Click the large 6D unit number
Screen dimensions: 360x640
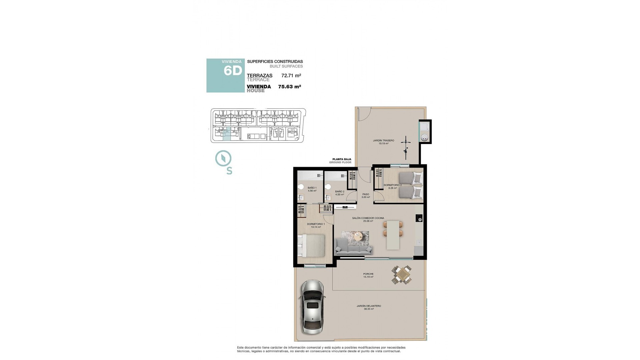[x=232, y=71]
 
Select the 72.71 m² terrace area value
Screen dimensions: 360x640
[x=291, y=76]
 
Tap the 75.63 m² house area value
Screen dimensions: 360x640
[x=289, y=87]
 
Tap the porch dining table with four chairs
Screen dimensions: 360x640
[x=402, y=275]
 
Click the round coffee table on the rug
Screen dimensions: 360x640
[x=359, y=236]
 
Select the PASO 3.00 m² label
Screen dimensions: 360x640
[x=366, y=196]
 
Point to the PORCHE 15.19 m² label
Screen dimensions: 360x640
[x=368, y=275]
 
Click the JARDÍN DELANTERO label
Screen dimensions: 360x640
[x=368, y=307]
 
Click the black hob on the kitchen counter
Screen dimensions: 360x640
[x=419, y=218]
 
